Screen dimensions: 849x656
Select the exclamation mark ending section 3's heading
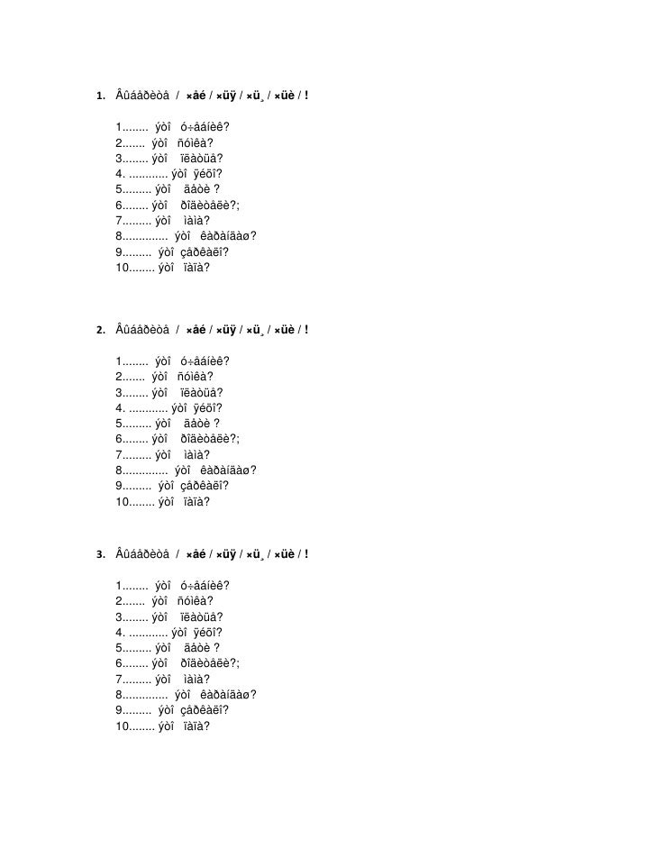[307, 553]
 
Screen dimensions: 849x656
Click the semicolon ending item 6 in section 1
[238, 205]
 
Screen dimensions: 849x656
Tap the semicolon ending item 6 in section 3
[238, 663]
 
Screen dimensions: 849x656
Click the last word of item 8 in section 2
[227, 470]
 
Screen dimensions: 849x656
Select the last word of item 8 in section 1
[227, 236]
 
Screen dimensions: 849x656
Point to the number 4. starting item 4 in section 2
[120, 407]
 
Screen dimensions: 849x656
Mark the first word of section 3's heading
[141, 553]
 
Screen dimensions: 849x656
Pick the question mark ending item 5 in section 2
[216, 423]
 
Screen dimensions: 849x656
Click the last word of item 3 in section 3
[201, 616]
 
